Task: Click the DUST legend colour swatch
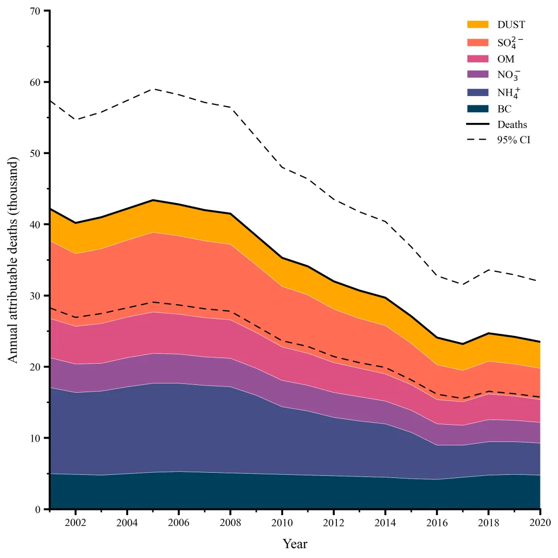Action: [x=477, y=24]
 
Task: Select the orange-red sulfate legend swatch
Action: [x=477, y=42]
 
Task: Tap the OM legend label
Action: [x=506, y=59]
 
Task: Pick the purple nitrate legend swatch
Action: [x=477, y=75]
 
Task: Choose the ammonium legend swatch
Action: [x=477, y=92]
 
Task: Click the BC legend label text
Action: [x=504, y=109]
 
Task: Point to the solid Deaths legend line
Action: [x=477, y=124]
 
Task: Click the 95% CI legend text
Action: [x=514, y=140]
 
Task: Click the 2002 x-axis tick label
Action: [x=75, y=522]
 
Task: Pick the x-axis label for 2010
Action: [x=282, y=522]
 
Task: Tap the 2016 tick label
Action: [x=437, y=522]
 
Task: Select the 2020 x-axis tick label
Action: [x=539, y=522]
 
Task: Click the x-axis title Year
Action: [x=295, y=544]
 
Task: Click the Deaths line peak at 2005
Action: [x=153, y=200]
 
